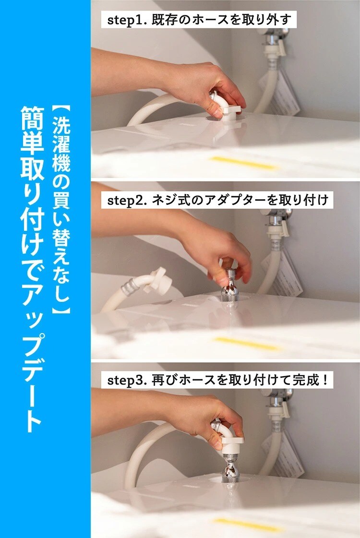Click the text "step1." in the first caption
pos(127,20)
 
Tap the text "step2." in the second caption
pos(127,200)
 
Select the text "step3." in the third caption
pos(127,380)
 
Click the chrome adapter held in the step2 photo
pos(229,285)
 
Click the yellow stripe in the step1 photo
pos(244,163)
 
